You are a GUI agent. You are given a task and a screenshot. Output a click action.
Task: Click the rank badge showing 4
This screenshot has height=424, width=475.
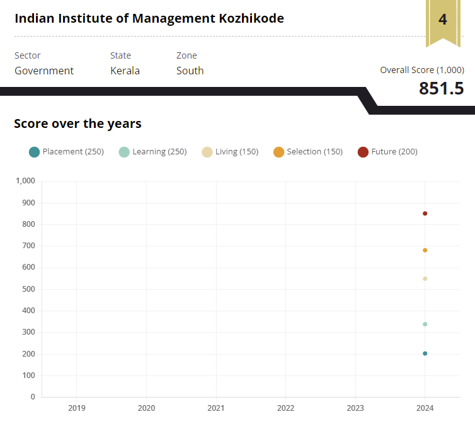click(443, 20)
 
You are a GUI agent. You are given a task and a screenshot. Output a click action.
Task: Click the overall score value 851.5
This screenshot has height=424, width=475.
click(441, 88)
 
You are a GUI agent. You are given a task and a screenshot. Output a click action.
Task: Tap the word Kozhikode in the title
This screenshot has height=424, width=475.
click(249, 18)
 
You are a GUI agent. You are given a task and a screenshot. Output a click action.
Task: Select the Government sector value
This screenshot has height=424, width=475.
click(44, 71)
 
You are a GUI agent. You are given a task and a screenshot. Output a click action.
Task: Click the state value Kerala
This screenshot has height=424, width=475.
click(125, 71)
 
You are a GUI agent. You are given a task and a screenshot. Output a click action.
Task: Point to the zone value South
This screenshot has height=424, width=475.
click(190, 71)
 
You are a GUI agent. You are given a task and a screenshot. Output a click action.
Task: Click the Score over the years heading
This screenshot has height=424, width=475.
click(77, 123)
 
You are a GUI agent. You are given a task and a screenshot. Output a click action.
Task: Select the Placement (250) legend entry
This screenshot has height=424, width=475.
click(66, 152)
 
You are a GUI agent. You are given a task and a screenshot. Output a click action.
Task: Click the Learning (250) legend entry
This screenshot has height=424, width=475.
click(152, 152)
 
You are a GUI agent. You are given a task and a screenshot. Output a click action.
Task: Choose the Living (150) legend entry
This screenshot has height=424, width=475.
click(230, 152)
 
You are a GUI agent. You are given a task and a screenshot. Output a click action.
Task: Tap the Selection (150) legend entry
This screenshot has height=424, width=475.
click(308, 152)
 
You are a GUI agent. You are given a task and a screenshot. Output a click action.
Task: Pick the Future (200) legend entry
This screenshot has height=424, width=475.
click(387, 152)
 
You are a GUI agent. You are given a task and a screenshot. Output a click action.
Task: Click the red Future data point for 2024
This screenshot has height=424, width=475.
click(425, 214)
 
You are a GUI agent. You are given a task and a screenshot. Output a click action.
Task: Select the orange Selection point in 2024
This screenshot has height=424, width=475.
click(425, 250)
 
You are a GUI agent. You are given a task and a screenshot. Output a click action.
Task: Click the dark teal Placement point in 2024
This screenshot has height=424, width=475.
click(425, 353)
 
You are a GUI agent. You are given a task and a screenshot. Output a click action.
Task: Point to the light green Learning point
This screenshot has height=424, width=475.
click(425, 324)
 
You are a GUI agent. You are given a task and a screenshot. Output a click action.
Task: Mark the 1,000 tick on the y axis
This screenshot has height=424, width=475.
click(25, 181)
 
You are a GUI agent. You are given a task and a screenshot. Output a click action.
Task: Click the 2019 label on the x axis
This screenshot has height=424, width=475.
click(77, 408)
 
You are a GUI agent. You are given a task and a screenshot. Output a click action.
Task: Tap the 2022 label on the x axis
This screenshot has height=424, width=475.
click(285, 408)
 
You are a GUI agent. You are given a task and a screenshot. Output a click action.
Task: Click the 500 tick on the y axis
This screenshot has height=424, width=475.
click(28, 289)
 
